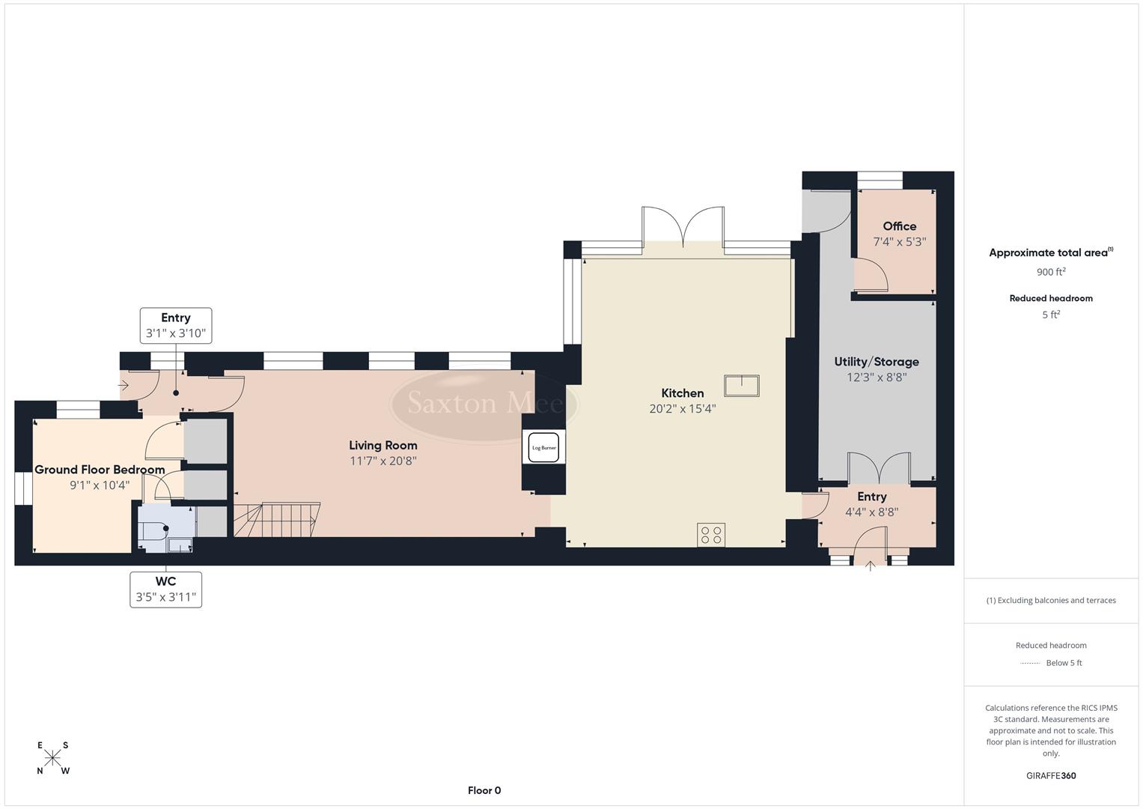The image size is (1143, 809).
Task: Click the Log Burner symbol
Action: click(543, 448)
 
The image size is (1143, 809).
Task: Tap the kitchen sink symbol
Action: click(741, 386)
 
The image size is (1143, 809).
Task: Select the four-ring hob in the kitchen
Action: click(711, 535)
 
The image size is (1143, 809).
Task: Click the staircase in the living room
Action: click(277, 520)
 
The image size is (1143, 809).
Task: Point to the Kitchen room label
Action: click(682, 393)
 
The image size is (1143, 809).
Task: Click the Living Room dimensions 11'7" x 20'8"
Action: click(382, 461)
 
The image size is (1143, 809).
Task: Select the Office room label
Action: click(899, 226)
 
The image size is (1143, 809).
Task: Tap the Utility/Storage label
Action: click(877, 362)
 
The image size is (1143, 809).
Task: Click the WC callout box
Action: click(165, 590)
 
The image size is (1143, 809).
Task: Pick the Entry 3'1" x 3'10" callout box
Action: click(175, 326)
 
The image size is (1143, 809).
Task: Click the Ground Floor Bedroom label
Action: click(100, 470)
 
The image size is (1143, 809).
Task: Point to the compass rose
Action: click(52, 758)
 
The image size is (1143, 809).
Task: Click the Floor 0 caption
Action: click(484, 790)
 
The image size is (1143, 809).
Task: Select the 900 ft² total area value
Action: click(1051, 272)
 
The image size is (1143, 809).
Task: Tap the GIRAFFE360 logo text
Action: click(1051, 775)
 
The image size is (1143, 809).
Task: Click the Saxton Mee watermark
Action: click(484, 403)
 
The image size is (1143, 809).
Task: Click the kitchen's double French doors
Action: click(683, 225)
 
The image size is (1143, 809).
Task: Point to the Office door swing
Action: click(871, 275)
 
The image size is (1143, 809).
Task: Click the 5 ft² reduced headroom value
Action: click(1051, 315)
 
